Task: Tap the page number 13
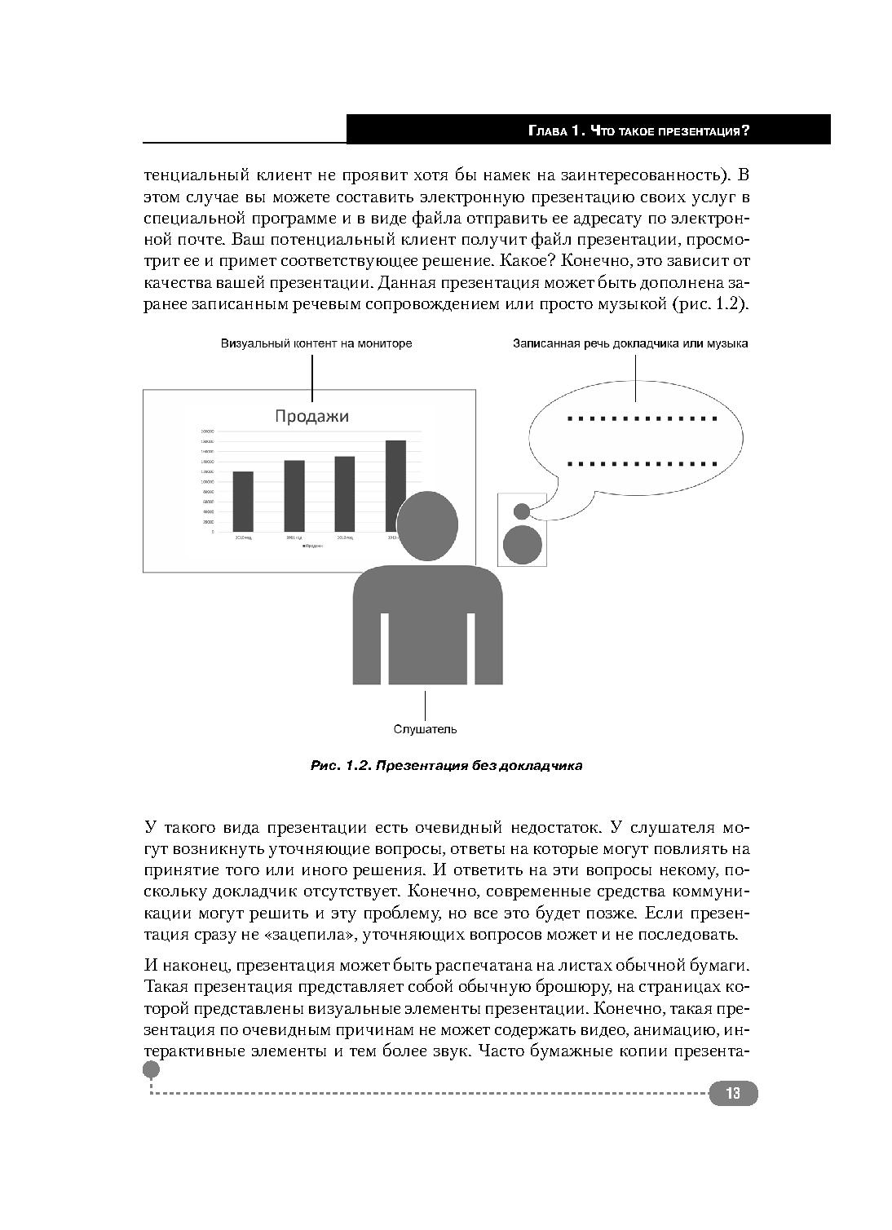[x=732, y=1093]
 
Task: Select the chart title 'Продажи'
[x=311, y=416]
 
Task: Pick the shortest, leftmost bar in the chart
[x=243, y=501]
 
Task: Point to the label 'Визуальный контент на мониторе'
[x=316, y=343]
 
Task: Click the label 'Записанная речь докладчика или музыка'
[x=630, y=343]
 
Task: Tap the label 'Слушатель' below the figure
[x=425, y=729]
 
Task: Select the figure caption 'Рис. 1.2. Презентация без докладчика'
[x=446, y=766]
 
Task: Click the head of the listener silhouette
[x=426, y=526]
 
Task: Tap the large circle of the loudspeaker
[x=523, y=545]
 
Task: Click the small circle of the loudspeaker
[x=522, y=511]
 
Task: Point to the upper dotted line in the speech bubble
[x=642, y=419]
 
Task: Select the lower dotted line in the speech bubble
[x=642, y=464]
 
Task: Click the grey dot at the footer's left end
[x=152, y=1069]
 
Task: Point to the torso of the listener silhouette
[x=427, y=624]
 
